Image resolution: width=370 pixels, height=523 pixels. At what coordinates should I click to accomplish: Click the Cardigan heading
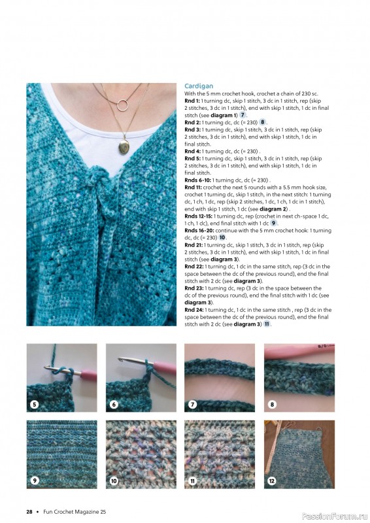[199, 86]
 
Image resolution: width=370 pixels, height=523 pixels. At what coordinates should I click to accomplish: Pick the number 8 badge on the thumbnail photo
[271, 405]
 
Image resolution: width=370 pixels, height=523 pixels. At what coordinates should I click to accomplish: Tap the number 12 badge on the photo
[271, 482]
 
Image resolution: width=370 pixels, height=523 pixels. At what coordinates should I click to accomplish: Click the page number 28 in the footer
[29, 511]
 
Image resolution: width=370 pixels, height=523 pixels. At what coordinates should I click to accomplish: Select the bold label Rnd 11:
[193, 187]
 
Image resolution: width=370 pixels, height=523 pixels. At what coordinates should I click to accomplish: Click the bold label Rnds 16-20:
[199, 229]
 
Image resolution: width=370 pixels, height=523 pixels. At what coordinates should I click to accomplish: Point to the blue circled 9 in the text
[274, 223]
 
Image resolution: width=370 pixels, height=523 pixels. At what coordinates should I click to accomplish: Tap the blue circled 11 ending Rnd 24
[267, 324]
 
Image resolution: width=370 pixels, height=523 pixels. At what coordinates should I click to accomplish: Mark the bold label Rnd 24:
[193, 309]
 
